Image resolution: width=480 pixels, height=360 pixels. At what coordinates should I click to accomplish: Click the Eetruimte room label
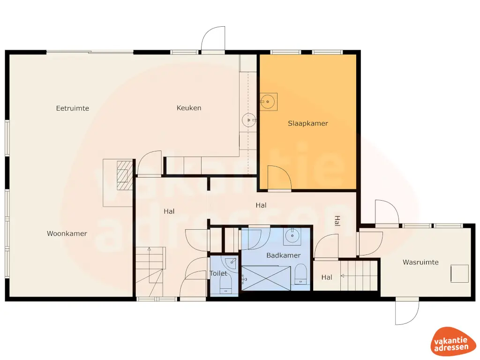point(73,108)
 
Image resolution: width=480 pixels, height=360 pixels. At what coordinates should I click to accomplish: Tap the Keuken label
point(189,108)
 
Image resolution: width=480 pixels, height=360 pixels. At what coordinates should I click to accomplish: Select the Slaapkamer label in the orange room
point(308,124)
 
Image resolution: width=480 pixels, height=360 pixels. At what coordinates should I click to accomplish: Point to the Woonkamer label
point(67,233)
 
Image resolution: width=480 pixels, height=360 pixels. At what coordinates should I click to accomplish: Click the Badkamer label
point(284,255)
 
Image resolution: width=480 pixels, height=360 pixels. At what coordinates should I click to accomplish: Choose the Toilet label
point(218,273)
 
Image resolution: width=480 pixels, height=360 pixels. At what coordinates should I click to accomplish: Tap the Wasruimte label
point(420,262)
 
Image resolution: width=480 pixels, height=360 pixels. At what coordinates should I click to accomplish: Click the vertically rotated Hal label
point(337,221)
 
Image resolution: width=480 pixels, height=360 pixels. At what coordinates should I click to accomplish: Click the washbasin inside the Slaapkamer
point(269,100)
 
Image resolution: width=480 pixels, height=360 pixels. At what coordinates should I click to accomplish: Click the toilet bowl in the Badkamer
point(300,273)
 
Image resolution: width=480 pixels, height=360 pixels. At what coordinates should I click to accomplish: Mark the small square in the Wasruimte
point(459,274)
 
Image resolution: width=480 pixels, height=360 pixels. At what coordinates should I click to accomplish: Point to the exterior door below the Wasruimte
point(406,312)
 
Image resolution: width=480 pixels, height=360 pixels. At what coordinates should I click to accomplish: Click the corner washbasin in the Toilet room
point(230,262)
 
